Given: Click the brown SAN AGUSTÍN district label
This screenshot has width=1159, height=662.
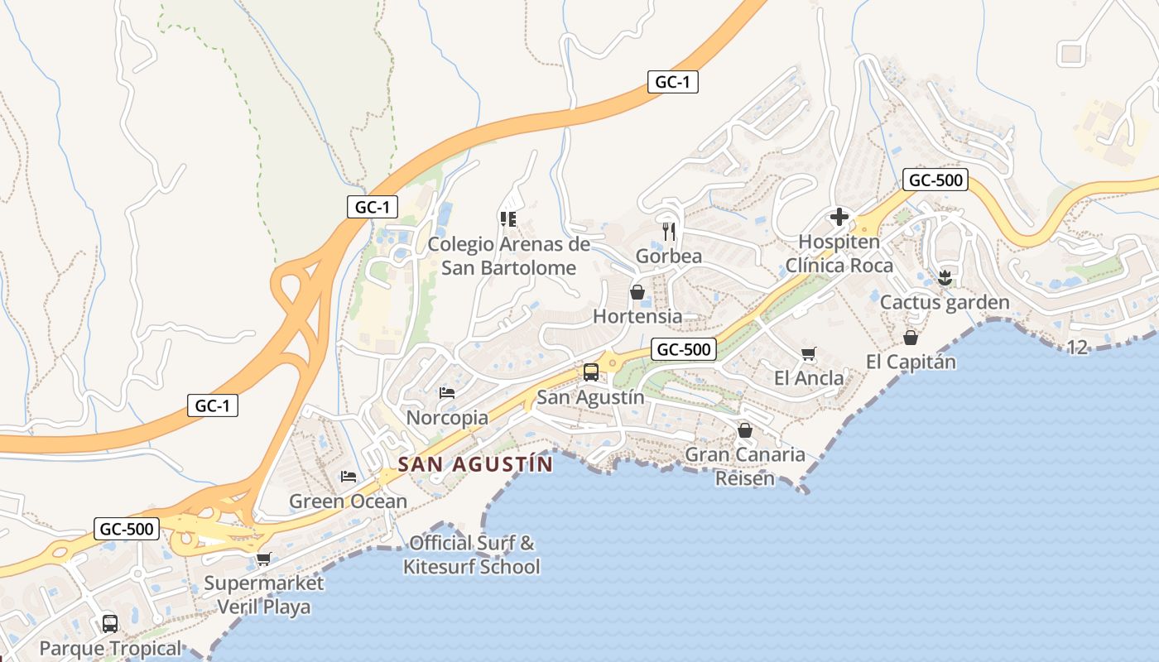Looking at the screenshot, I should pyautogui.click(x=474, y=464).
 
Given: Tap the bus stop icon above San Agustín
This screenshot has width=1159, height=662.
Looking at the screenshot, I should pyautogui.click(x=590, y=372).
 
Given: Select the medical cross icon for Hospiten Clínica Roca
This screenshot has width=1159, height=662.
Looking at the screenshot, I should pyautogui.click(x=839, y=218).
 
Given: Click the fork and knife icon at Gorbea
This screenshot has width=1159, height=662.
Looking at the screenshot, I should pyautogui.click(x=669, y=231).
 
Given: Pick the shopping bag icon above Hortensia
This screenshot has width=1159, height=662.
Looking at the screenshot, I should pyautogui.click(x=637, y=292).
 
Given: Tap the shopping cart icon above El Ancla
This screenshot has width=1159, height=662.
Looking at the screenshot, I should pyautogui.click(x=809, y=354).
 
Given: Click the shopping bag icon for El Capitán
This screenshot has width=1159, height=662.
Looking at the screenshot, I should pyautogui.click(x=911, y=338).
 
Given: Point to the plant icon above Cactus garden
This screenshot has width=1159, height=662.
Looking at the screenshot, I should pyautogui.click(x=945, y=277).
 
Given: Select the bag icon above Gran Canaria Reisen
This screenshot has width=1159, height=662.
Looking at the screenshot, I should pyautogui.click(x=745, y=430).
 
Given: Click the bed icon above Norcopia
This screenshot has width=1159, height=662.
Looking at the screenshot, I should pyautogui.click(x=447, y=393).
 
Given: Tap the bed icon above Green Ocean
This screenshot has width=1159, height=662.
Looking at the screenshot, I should pyautogui.click(x=349, y=477).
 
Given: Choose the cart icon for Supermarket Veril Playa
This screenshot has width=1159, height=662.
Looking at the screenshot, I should pyautogui.click(x=263, y=559).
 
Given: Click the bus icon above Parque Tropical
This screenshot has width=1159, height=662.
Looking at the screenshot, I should pyautogui.click(x=110, y=623).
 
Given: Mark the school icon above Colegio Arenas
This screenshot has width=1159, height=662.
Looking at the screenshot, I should pyautogui.click(x=508, y=219).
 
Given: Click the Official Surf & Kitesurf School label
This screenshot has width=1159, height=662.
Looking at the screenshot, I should pyautogui.click(x=472, y=555).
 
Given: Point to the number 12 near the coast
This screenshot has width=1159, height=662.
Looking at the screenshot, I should pyautogui.click(x=1077, y=348).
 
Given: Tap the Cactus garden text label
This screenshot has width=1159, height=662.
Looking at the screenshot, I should pyautogui.click(x=945, y=302).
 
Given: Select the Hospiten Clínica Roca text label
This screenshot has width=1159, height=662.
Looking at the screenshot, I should pyautogui.click(x=839, y=254).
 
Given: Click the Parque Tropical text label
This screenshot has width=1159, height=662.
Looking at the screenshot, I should pyautogui.click(x=110, y=648).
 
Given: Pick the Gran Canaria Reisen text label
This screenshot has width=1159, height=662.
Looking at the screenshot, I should pyautogui.click(x=745, y=466).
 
